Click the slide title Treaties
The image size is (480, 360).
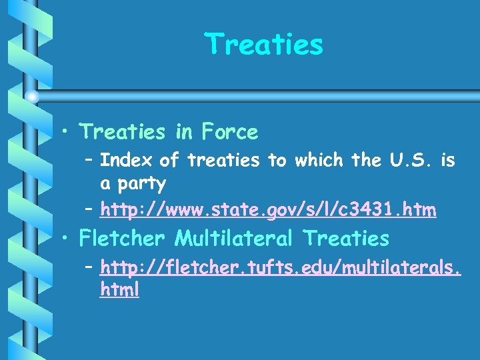[x=265, y=45]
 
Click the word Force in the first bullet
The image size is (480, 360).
[x=227, y=132]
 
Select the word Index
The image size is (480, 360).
[x=127, y=160]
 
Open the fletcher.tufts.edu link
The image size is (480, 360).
[x=280, y=268]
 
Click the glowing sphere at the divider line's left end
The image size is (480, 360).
[x=32, y=97]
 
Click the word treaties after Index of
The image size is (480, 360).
[x=223, y=160]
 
